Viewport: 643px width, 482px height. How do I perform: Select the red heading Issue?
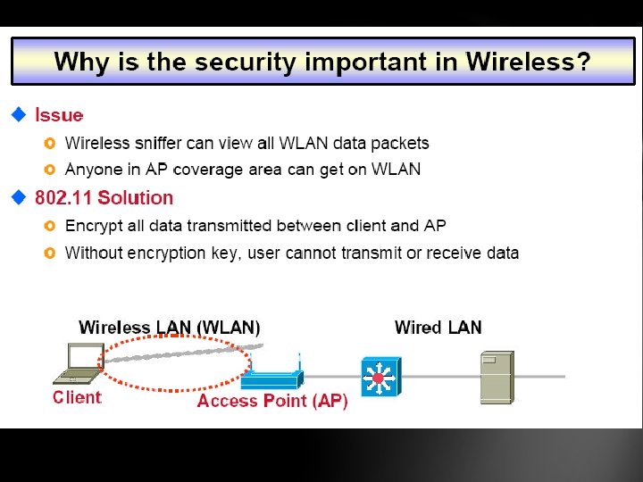click(59, 115)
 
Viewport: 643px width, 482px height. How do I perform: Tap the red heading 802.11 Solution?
click(104, 197)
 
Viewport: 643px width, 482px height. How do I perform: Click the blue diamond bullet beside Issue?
click(19, 115)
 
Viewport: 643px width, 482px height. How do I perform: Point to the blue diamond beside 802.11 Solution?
click(19, 197)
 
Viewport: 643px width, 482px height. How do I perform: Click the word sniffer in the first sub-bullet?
click(158, 143)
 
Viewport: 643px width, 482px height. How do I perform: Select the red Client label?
click(77, 398)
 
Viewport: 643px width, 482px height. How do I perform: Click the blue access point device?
click(275, 378)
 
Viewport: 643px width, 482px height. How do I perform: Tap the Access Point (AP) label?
click(272, 401)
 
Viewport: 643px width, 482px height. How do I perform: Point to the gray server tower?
click(497, 376)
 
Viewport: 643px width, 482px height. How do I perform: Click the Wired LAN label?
click(438, 327)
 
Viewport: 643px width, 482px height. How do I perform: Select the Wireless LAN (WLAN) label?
click(170, 328)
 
